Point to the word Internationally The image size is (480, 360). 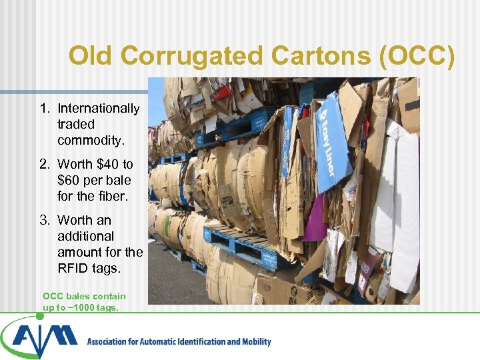coord(99,108)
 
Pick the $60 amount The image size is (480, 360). coord(71,180)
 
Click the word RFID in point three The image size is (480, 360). coord(72,268)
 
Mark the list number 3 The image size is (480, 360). coord(44,220)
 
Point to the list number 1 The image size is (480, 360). coord(44,108)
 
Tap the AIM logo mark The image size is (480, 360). coord(40,337)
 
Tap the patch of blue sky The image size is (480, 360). coord(155,97)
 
